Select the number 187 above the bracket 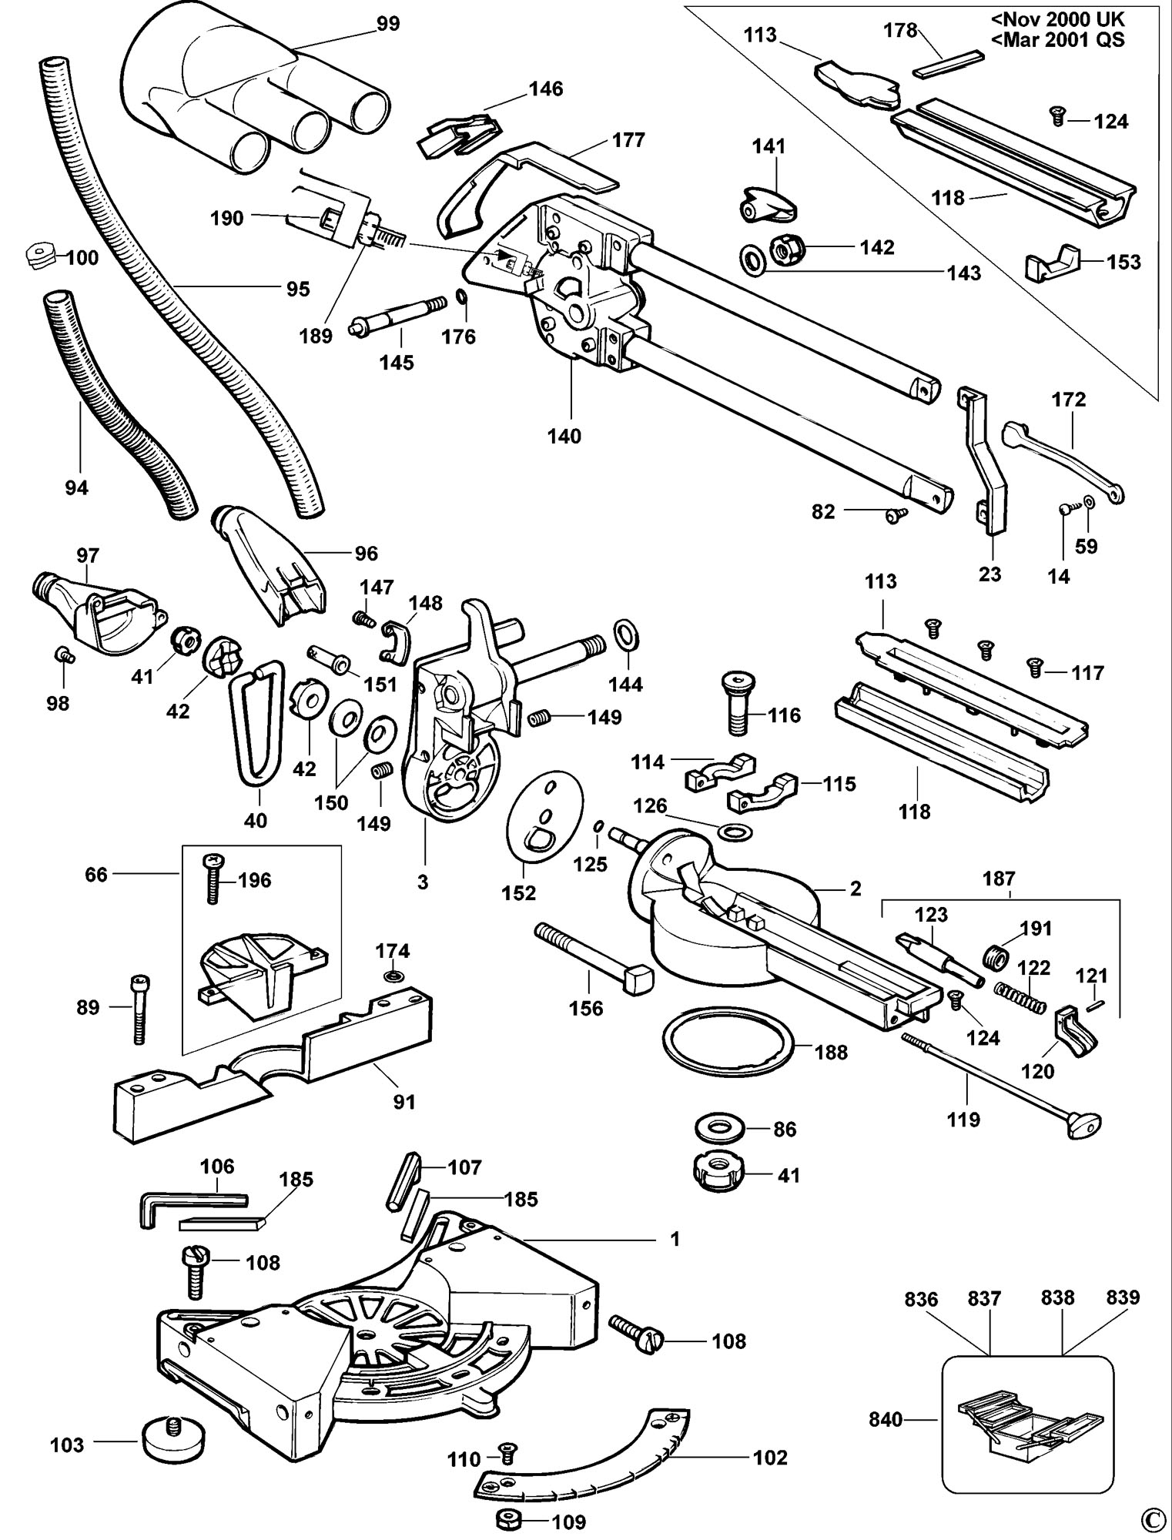point(999,879)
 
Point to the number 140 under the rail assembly point(564,437)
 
